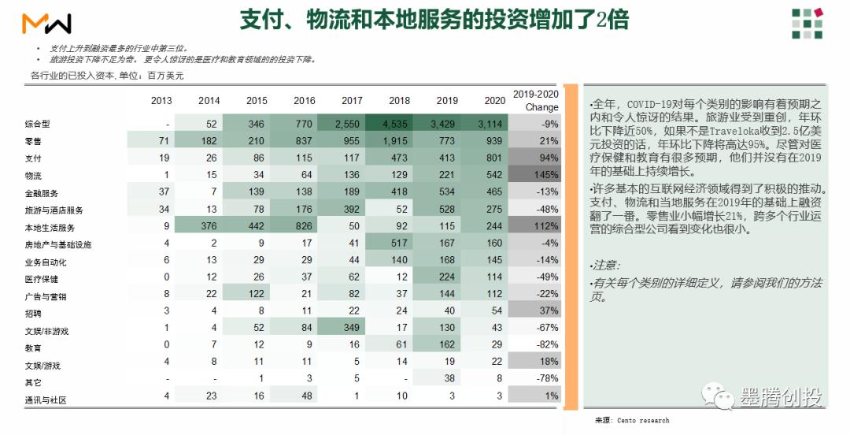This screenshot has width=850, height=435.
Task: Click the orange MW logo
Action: (47, 24)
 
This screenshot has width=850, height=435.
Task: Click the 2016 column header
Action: (304, 101)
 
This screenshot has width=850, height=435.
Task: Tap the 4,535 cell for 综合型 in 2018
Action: (399, 124)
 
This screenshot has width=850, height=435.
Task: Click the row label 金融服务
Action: (42, 193)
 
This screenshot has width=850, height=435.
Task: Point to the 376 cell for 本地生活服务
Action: (209, 227)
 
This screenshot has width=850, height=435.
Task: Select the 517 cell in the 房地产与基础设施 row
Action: (399, 244)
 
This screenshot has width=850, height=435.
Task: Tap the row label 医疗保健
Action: (42, 279)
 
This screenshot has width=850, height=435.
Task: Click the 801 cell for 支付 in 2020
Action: (494, 158)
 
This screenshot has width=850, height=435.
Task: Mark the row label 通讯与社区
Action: (46, 400)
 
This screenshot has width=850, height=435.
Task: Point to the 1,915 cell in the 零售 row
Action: (399, 141)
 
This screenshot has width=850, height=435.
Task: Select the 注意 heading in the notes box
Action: (605, 266)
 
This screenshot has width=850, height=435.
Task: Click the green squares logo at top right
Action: (807, 24)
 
